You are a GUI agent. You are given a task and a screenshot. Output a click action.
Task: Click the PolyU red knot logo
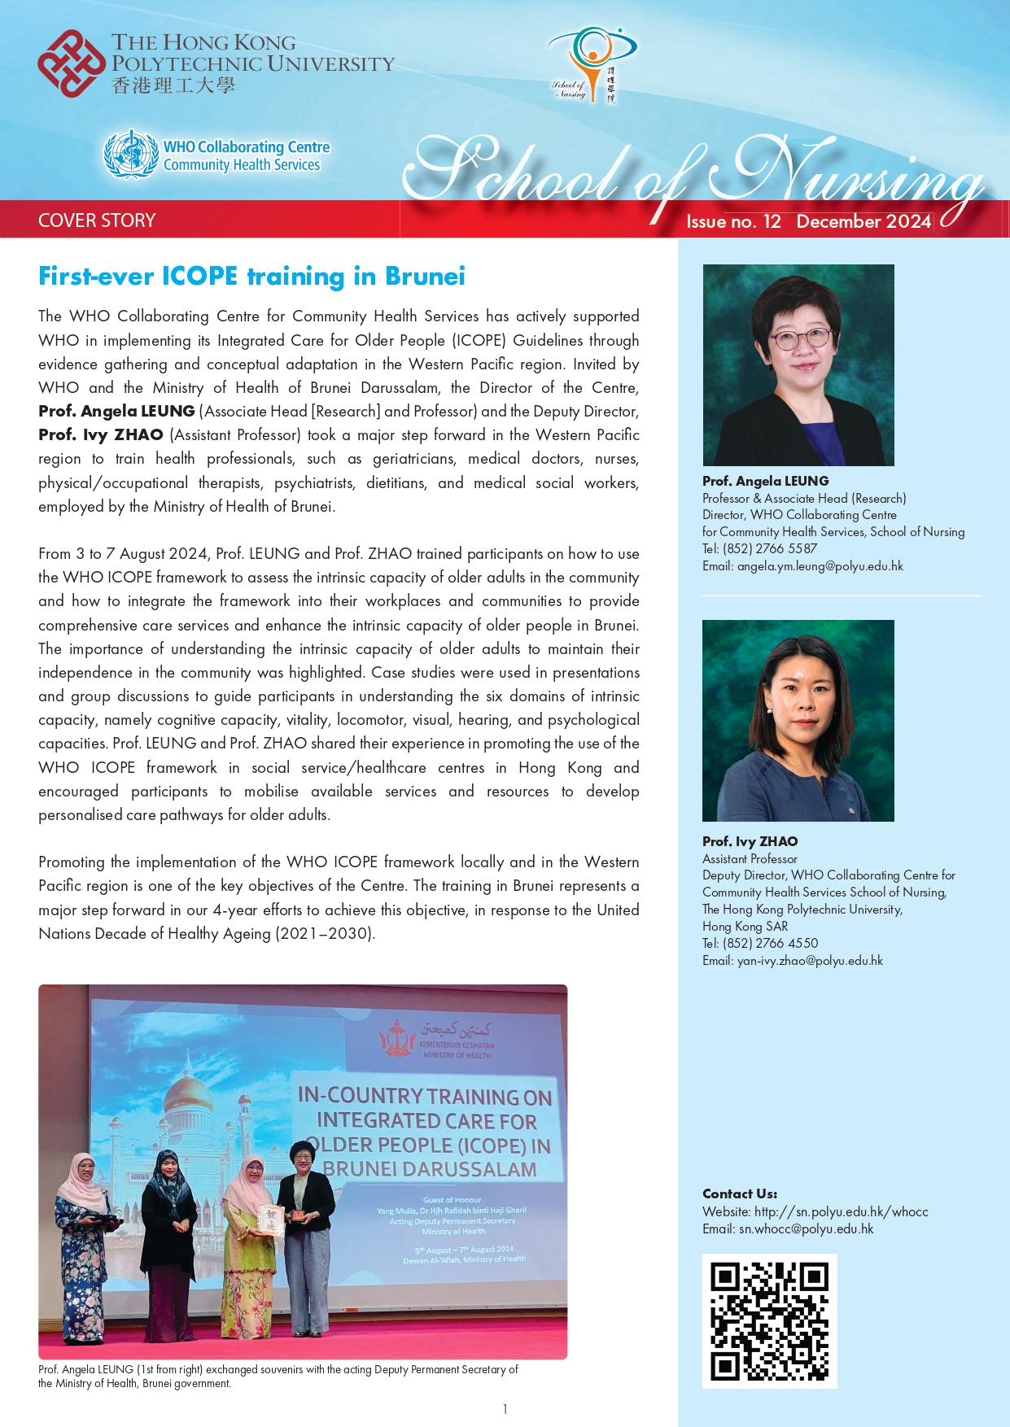(x=72, y=63)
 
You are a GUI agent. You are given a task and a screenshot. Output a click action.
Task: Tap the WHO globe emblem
(x=130, y=153)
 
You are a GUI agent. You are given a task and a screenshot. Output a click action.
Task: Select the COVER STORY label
(x=97, y=220)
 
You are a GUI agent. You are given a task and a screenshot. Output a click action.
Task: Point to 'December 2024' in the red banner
(x=864, y=221)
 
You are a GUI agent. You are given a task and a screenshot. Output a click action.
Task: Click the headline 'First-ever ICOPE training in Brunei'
(x=251, y=277)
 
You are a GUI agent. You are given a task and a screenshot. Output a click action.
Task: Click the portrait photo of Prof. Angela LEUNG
(x=798, y=364)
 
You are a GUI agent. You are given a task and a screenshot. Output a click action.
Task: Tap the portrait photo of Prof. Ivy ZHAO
(x=798, y=720)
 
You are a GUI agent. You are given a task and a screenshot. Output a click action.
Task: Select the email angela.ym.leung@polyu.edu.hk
(x=820, y=566)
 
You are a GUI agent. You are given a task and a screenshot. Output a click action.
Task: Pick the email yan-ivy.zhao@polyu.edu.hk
(x=810, y=961)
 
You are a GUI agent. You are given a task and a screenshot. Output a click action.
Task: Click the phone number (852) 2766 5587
(x=770, y=549)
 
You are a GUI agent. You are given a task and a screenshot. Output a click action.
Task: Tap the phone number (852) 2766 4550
(x=770, y=944)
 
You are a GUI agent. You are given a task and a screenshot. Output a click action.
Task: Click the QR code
(x=769, y=1320)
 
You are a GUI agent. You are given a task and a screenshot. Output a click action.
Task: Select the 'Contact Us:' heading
(x=739, y=1194)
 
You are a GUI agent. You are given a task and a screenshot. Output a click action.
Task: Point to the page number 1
(x=505, y=1409)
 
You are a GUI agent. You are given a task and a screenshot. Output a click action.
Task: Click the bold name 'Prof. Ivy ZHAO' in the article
(x=101, y=435)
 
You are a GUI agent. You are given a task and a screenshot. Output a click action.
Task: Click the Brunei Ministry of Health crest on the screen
(x=398, y=1038)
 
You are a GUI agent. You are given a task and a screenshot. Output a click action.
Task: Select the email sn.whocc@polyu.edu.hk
(x=806, y=1229)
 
